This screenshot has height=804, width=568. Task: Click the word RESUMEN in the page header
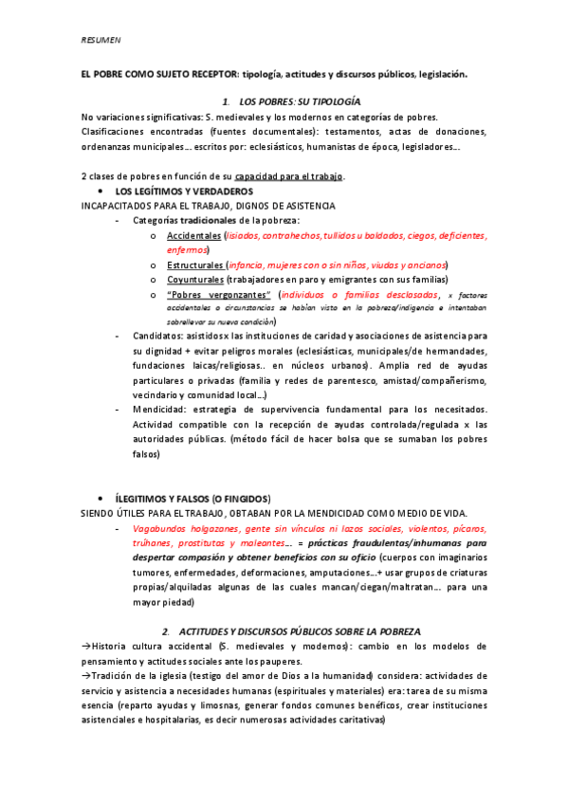coord(98,40)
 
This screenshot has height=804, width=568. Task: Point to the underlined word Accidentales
coord(192,235)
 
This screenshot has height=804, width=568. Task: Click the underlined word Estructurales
coord(195,265)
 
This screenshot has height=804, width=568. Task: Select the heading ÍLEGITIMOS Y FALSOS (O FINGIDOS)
coord(192,498)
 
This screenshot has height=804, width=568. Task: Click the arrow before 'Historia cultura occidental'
coord(85,646)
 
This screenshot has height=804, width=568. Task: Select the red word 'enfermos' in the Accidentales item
coord(188,249)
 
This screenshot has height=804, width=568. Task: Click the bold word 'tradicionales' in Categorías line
coord(211,220)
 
